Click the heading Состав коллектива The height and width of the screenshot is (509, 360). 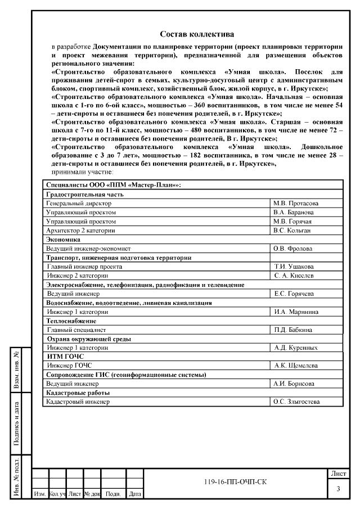197,35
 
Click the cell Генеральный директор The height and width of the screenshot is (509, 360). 79,204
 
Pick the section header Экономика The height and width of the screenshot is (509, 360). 64,239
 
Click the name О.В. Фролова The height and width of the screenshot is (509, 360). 294,248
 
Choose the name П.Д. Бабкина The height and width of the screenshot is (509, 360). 294,330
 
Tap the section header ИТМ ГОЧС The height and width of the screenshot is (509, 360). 63,357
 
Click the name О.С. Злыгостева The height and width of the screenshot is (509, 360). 296,402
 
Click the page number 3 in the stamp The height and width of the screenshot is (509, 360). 338,489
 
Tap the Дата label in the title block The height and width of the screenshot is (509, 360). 135,494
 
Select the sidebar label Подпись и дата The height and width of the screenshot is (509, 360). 17,424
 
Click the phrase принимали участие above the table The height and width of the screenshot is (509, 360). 82,171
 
